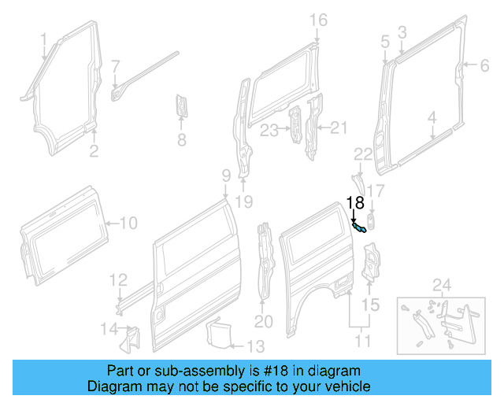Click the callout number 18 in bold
356,202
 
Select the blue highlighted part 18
359,227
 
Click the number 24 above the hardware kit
443,284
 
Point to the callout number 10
128,224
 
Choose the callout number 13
256,346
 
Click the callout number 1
44,39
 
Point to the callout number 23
269,130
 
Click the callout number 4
432,119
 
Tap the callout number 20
263,321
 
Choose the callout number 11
362,342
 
